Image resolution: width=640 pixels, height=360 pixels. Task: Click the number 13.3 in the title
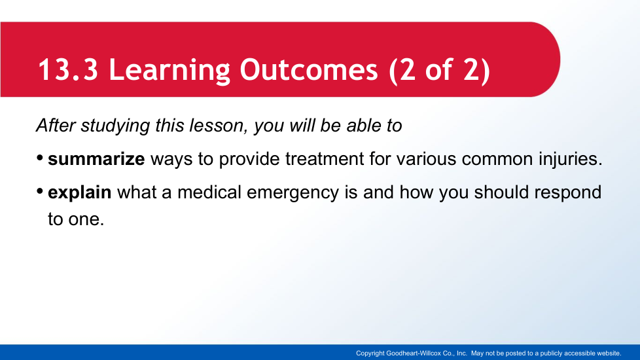pos(68,70)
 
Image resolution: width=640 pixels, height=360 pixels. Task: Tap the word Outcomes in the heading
pos(309,70)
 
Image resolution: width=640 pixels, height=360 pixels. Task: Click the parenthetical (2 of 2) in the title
pos(440,71)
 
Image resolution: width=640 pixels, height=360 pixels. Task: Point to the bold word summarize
pos(96,159)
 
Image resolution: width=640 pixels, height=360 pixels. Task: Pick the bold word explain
pos(80,192)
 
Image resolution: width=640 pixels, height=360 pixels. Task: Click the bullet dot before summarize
pos(40,158)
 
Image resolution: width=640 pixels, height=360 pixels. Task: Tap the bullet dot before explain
pos(40,191)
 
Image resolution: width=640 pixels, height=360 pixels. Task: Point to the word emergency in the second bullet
pos(293,193)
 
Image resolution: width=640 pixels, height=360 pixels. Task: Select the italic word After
pos(56,125)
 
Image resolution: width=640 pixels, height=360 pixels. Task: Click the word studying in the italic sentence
pos(116,126)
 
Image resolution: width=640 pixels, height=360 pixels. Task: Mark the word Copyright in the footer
pos(370,353)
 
